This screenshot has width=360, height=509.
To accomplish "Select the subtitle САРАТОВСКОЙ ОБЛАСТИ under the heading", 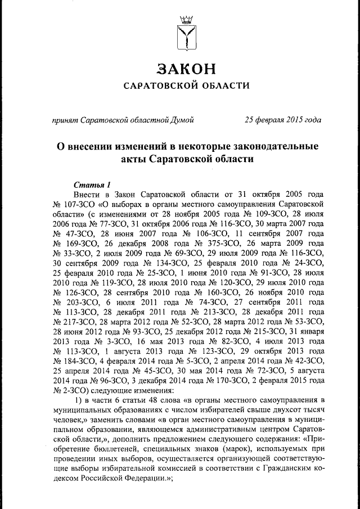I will click(186, 85).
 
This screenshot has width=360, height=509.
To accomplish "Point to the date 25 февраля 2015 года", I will click(283, 119).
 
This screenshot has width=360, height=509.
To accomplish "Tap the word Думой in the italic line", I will click(182, 119).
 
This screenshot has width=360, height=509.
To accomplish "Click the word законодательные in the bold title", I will click(259, 146).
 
